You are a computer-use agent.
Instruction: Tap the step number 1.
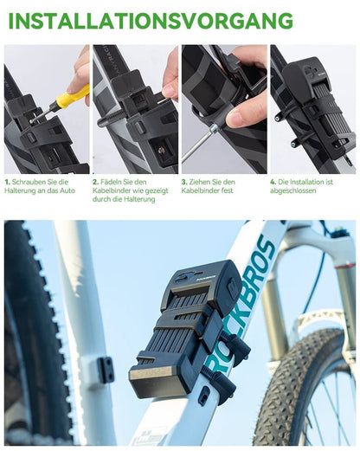tap(7, 183)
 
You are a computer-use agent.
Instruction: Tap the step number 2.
tap(95, 183)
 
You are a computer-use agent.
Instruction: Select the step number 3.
tap(184, 183)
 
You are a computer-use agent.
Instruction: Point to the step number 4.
tap(273, 183)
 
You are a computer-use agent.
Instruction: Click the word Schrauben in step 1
tap(29, 183)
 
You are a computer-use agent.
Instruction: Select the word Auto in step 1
tap(68, 191)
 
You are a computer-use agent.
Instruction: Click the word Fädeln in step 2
tap(116, 183)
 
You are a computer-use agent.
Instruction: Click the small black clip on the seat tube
tap(106, 370)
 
